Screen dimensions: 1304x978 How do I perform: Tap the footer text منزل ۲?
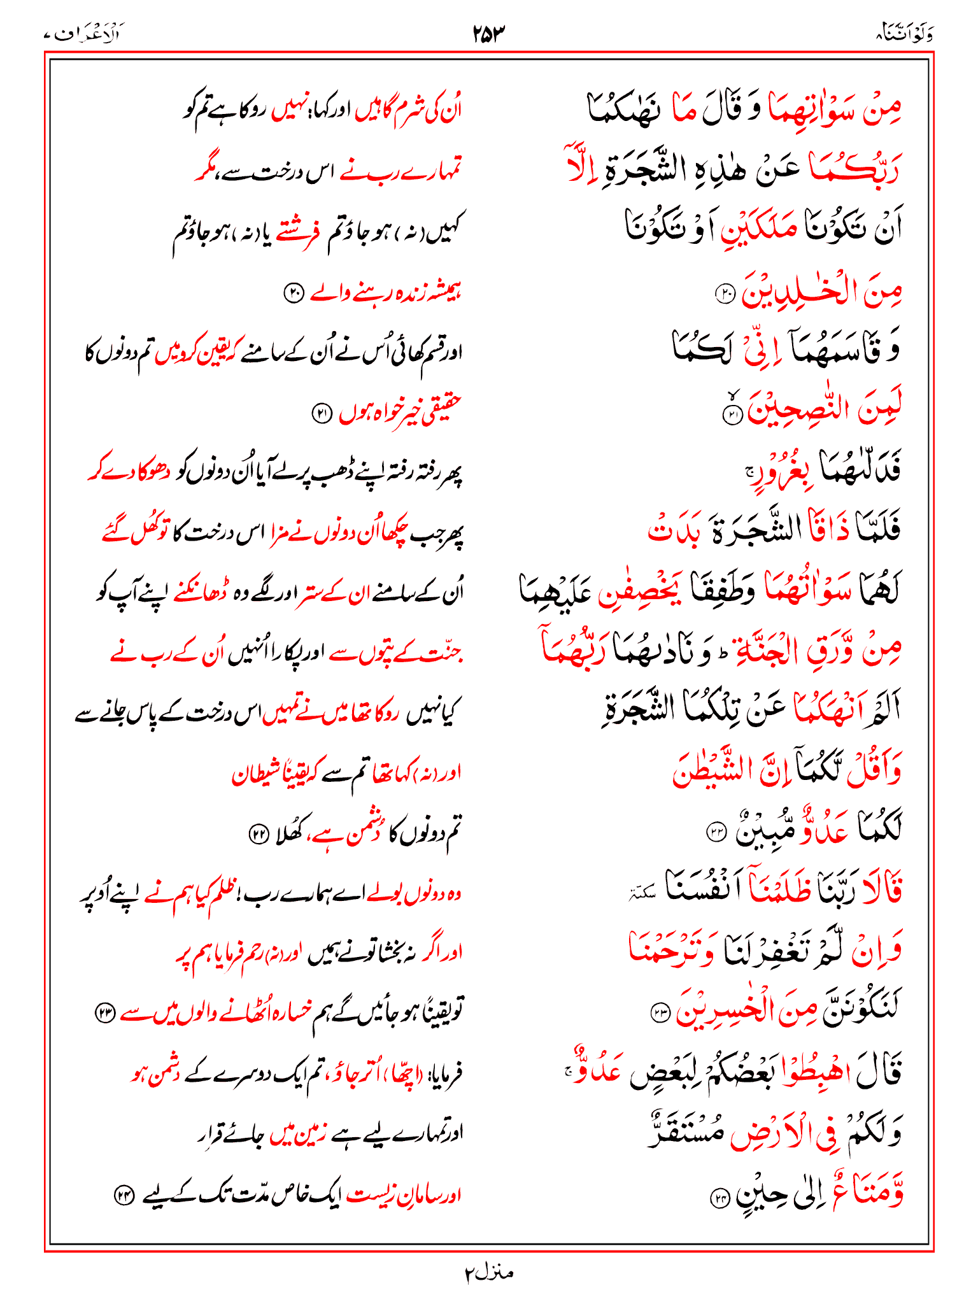click(x=488, y=1273)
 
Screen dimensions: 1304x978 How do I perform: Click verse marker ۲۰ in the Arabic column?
click(x=726, y=294)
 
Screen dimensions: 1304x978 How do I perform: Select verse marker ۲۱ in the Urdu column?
click(x=322, y=414)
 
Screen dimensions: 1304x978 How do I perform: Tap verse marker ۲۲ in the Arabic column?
click(x=717, y=832)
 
